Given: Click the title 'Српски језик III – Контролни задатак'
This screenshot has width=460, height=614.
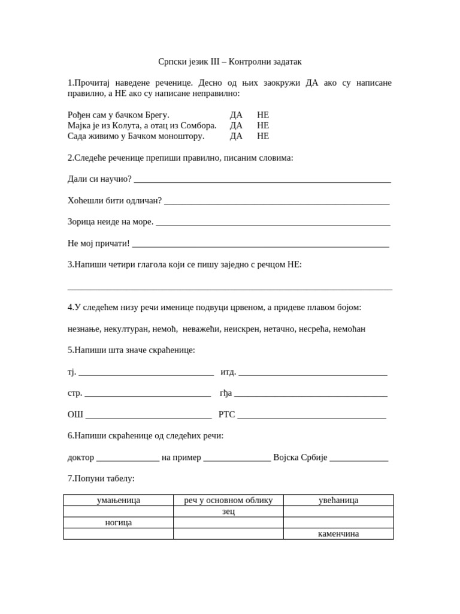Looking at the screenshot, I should (x=230, y=61).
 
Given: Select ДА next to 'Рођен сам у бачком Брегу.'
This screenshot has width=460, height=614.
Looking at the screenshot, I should (x=236, y=115).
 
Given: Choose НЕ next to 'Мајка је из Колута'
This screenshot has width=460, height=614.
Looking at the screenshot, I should (x=263, y=125).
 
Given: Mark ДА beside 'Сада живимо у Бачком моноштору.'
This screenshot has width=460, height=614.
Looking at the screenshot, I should (x=236, y=136).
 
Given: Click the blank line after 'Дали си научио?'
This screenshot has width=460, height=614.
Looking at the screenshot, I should (x=262, y=180).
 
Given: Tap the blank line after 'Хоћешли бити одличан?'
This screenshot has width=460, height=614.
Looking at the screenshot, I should (x=277, y=201).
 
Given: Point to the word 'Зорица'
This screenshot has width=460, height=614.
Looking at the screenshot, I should (x=81, y=222).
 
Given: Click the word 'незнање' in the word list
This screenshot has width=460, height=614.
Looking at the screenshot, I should (x=83, y=329).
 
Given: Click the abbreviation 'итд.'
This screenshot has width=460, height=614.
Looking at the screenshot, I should (x=228, y=372).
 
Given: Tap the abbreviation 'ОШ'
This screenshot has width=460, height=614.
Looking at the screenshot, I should (x=75, y=414).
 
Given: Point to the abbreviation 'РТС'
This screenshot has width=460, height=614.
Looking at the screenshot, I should (x=227, y=414).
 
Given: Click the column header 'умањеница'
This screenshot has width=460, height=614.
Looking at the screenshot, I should (x=119, y=500).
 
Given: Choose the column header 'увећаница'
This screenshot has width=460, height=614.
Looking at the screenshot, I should (x=338, y=500).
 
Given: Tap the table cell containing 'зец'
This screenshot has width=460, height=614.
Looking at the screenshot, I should (x=228, y=511).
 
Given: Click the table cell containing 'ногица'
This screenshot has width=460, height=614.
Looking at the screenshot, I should (x=119, y=522).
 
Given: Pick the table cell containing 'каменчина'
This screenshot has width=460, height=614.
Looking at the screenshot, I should (x=338, y=534).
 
